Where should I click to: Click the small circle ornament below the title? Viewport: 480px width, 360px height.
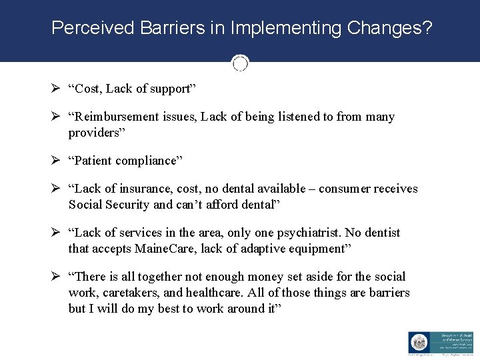click(240, 63)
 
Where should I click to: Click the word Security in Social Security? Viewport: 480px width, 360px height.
click(127, 205)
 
